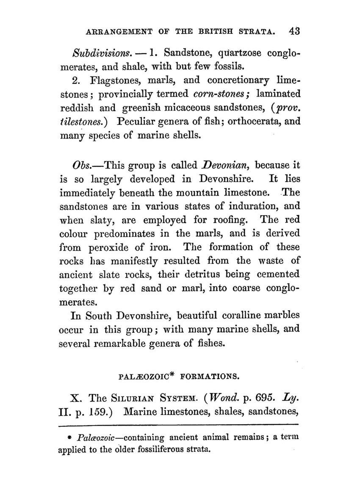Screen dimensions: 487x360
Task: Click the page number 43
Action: [x=293, y=31]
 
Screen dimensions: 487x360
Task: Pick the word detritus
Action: [x=201, y=274]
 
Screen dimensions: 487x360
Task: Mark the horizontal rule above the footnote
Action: [x=178, y=425]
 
